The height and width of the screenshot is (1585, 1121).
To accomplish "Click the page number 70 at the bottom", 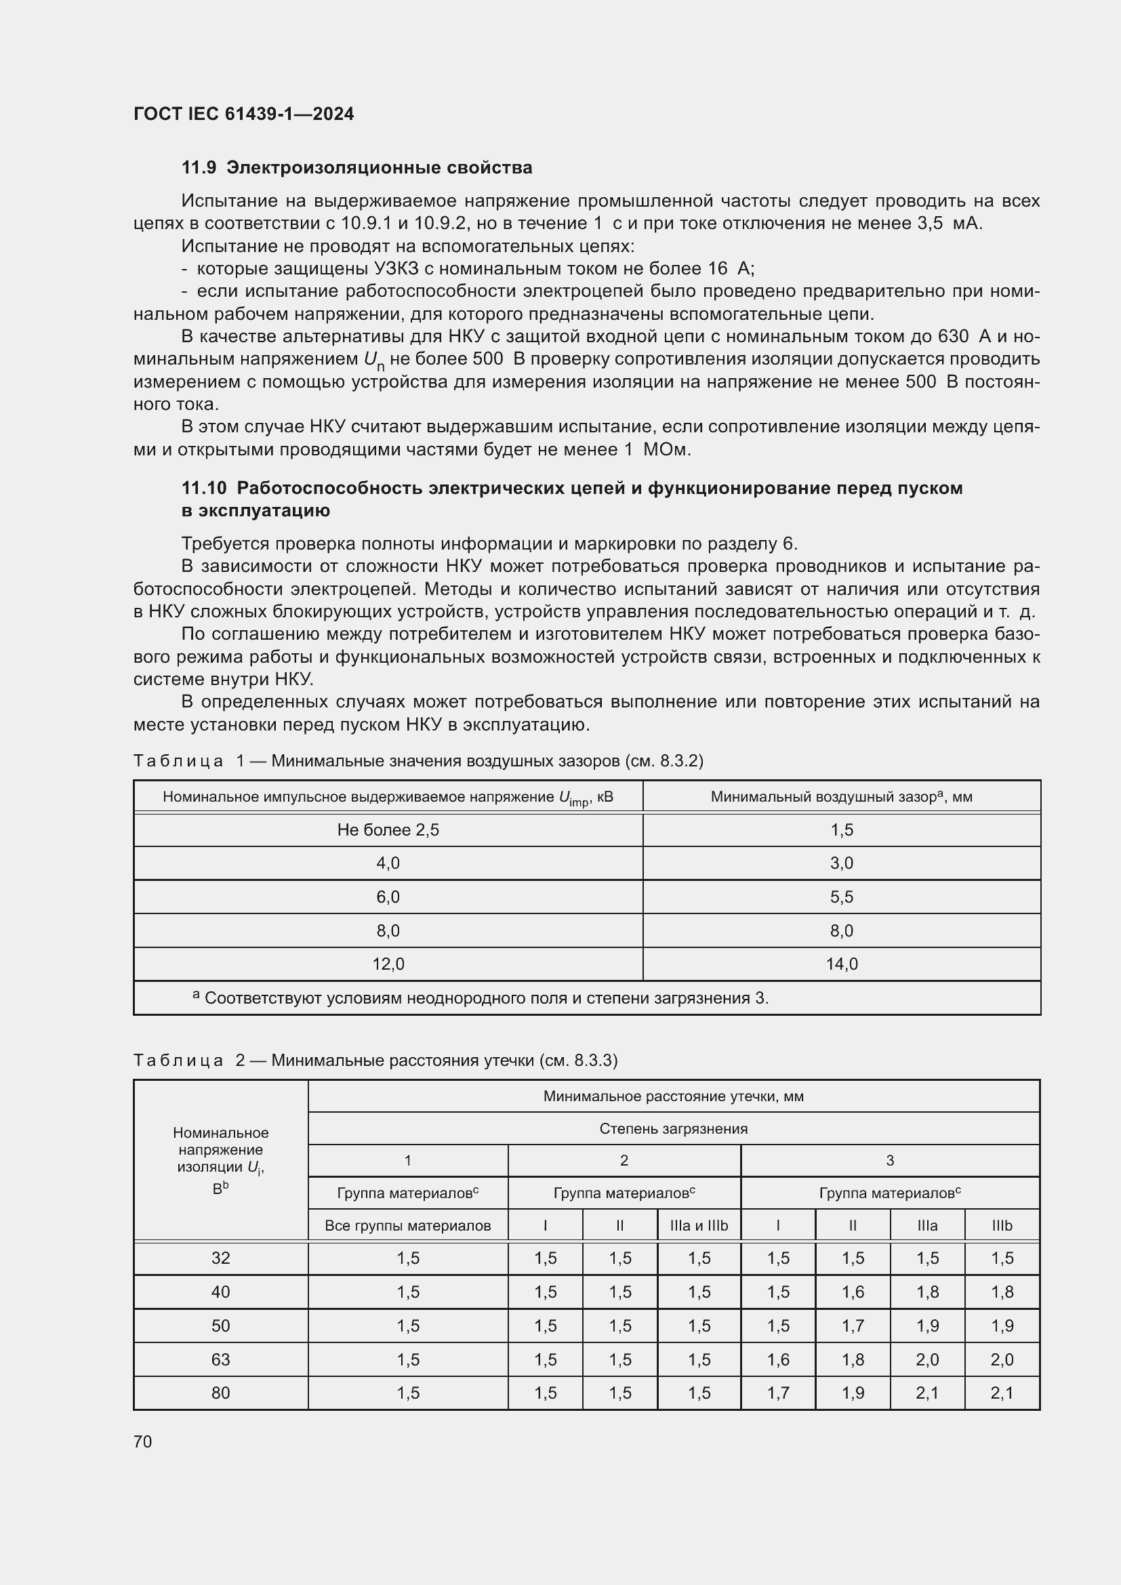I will click(x=143, y=1441).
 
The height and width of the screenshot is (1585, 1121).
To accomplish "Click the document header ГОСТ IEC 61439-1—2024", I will click(x=244, y=114).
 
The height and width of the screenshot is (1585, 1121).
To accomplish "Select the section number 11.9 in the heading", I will click(x=199, y=168).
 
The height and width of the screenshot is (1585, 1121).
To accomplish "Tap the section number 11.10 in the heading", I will click(x=204, y=488).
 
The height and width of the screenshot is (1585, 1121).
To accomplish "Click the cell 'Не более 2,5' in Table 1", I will click(x=388, y=830).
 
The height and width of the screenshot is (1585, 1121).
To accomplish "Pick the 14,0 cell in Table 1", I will click(x=842, y=964).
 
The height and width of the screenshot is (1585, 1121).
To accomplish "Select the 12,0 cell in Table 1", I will click(x=388, y=964).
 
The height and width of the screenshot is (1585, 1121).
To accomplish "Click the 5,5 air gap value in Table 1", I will click(x=842, y=897).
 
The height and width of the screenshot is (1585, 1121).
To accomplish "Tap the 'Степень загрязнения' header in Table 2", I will click(x=673, y=1129).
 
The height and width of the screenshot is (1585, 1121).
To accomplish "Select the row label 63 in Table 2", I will click(x=221, y=1359).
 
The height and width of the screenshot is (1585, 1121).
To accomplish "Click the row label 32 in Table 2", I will click(x=221, y=1258).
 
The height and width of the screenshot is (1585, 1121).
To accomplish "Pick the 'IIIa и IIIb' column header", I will click(x=699, y=1225).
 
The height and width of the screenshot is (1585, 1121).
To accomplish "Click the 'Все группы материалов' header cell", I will click(x=408, y=1225).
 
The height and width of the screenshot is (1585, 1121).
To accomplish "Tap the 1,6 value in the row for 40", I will click(x=853, y=1292).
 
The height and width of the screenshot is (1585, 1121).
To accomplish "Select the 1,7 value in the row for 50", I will click(x=853, y=1325).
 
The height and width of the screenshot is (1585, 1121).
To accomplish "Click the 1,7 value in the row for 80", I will click(x=778, y=1393).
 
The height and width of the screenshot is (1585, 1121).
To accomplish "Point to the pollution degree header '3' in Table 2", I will click(x=890, y=1160).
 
